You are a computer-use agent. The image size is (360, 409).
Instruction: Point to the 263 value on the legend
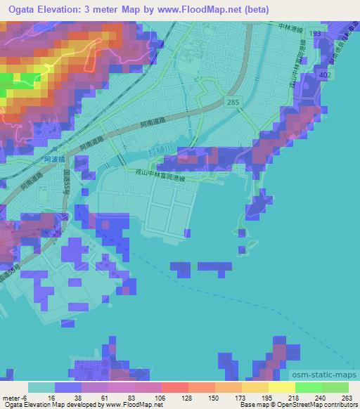click(347, 398)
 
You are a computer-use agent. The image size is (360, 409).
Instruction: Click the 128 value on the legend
click(176, 398)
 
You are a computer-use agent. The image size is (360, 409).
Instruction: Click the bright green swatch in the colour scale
click(308, 387)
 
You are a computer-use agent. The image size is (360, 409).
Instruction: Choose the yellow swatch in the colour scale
click(281, 387)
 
